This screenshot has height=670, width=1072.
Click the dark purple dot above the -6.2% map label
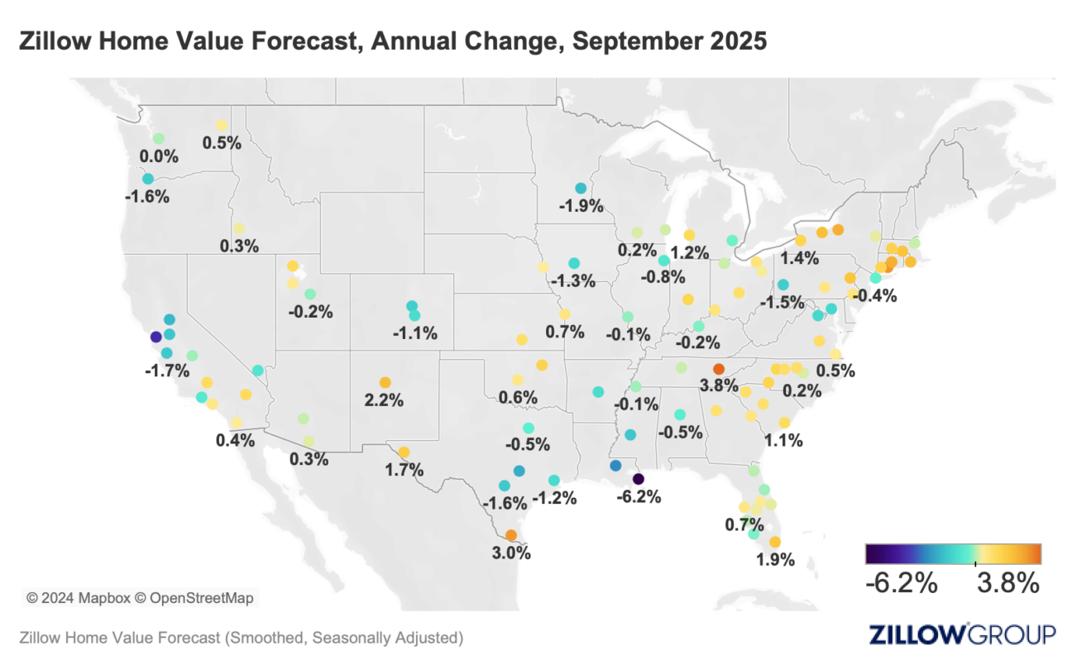coord(638,479)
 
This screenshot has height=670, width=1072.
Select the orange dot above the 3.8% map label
coord(719,369)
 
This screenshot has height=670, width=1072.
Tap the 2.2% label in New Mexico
coord(385,400)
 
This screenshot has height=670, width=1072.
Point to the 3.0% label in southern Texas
coord(511,553)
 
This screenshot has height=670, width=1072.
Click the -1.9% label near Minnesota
coord(581,206)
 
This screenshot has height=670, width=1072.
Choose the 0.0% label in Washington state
coord(156,156)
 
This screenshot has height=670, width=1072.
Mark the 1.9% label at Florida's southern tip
coord(775,560)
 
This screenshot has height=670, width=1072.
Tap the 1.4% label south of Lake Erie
coord(799,258)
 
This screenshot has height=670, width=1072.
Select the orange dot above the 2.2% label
coord(385,382)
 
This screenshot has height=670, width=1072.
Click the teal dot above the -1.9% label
coord(581,188)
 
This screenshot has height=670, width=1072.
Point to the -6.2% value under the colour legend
coord(901,584)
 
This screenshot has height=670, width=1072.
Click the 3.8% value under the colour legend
coord(1007,584)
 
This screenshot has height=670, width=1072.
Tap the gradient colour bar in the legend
coord(953,553)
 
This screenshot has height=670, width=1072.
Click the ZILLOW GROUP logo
coord(962,634)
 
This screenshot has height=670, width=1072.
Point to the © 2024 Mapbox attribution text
coord(74,596)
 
